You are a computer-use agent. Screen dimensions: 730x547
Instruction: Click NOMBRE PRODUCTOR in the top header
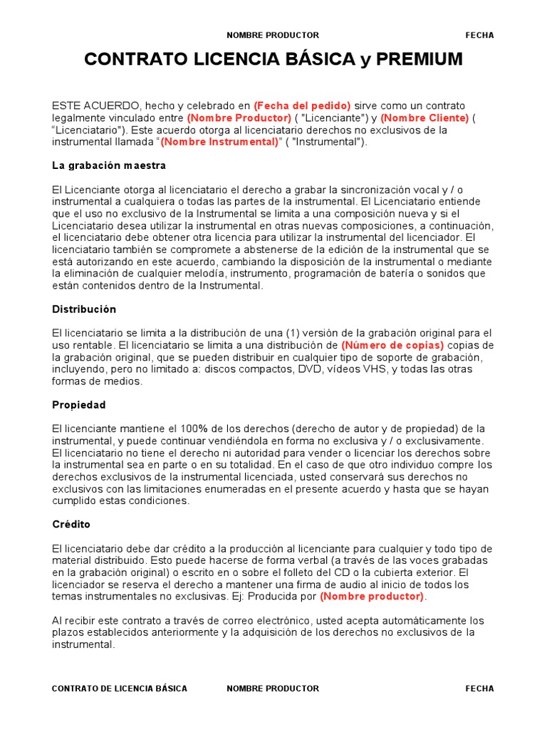coord(273,35)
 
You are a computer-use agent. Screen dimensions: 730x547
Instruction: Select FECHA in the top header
coord(479,35)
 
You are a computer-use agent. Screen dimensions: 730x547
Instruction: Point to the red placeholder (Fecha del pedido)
coord(302,106)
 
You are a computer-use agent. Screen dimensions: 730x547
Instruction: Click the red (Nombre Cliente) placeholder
coord(424,118)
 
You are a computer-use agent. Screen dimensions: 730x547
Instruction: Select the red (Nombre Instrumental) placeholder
coord(219,142)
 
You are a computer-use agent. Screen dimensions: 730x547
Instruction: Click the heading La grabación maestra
coord(109,165)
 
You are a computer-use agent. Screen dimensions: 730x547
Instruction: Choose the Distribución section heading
coord(84,309)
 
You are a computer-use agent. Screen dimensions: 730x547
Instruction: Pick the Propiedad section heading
coord(79,405)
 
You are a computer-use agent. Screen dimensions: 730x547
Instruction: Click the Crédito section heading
coord(71,524)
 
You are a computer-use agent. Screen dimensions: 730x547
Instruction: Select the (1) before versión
coord(293,333)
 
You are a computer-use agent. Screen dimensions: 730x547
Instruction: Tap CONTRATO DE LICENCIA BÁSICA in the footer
coord(120,689)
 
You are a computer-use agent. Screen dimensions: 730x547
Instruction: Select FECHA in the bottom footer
coord(479,689)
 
